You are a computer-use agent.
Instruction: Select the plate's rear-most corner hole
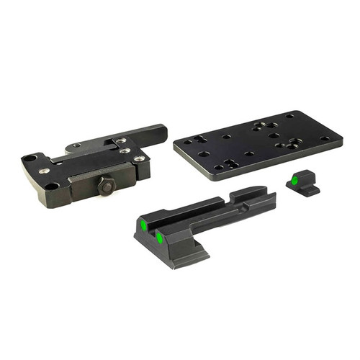click(289, 115)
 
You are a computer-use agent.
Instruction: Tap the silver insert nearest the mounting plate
click(139, 158)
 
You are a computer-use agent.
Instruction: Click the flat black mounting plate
click(252, 144)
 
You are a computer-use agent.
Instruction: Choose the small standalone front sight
click(300, 183)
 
